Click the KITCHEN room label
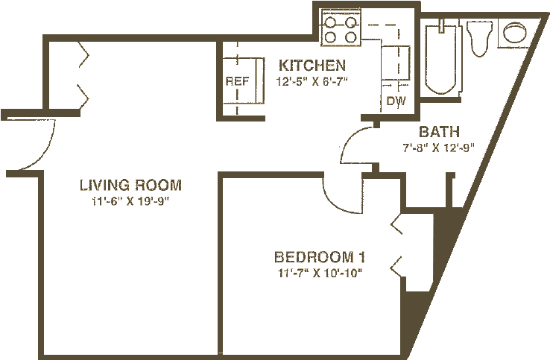312,65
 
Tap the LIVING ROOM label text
131,185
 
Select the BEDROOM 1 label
324,258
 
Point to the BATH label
433,132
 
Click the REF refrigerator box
237,81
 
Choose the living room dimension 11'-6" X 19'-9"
131,200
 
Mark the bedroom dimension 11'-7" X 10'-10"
323,273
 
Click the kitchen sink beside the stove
395,59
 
